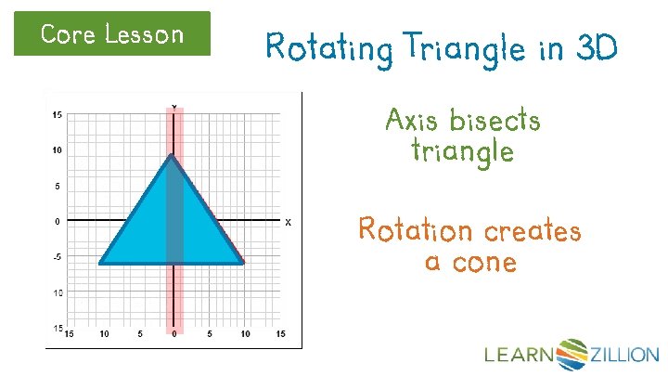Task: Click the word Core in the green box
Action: (68, 34)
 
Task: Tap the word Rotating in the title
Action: (321, 46)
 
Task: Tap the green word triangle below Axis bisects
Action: (462, 150)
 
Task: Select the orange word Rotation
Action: (414, 228)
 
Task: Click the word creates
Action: (532, 228)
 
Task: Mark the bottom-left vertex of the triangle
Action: (100, 264)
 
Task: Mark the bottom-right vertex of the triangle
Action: (243, 264)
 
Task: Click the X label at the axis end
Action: (288, 222)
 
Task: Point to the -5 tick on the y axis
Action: (57, 257)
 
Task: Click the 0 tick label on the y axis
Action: (57, 221)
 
